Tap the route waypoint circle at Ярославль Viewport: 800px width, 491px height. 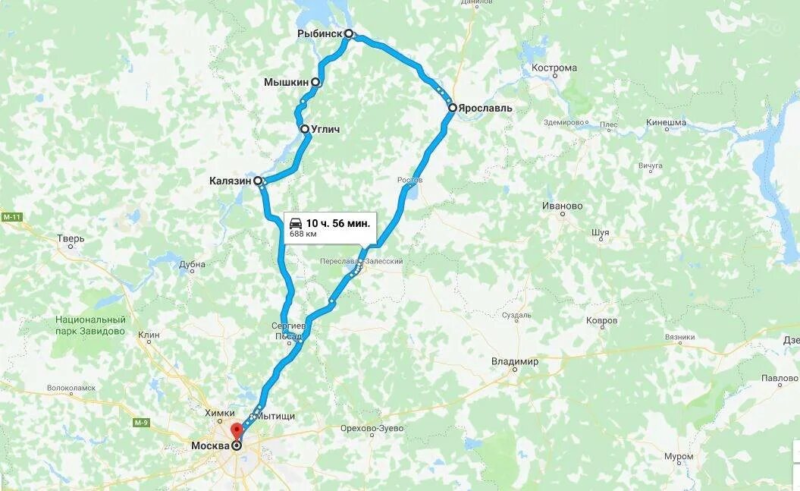pyautogui.click(x=452, y=108)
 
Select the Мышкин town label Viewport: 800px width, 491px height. pyautogui.click(x=286, y=82)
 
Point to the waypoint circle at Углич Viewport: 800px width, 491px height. pyautogui.click(x=305, y=129)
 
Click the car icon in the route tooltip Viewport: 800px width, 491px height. pyautogui.click(x=296, y=223)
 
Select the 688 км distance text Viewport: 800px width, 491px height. pyautogui.click(x=303, y=234)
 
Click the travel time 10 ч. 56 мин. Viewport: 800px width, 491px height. pyautogui.click(x=338, y=223)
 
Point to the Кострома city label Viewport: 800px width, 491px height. pyautogui.click(x=554, y=68)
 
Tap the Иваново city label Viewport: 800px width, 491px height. pyautogui.click(x=563, y=206)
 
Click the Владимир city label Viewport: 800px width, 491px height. pyautogui.click(x=514, y=362)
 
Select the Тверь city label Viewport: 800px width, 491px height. pyautogui.click(x=71, y=239)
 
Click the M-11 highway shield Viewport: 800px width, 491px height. pyautogui.click(x=12, y=218)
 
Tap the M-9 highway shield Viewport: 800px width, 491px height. pyautogui.click(x=140, y=422)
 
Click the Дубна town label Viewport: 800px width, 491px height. pyautogui.click(x=192, y=265)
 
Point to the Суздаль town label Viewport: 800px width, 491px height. pyautogui.click(x=516, y=315)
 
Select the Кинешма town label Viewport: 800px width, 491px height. pyautogui.click(x=666, y=122)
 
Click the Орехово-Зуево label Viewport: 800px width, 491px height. pyautogui.click(x=372, y=429)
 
